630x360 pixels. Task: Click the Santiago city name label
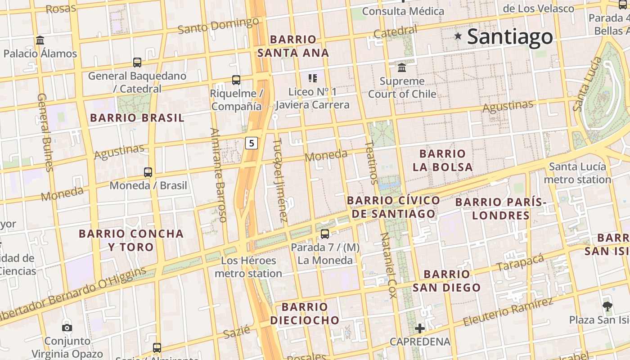click(510, 37)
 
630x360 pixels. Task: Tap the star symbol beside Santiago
click(458, 36)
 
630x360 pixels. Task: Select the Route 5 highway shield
click(252, 144)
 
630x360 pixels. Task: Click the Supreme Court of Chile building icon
click(402, 68)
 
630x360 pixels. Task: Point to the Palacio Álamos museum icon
click(40, 40)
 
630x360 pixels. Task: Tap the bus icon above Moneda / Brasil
click(148, 172)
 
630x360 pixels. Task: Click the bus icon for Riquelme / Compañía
click(236, 80)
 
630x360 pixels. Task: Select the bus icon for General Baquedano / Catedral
click(137, 63)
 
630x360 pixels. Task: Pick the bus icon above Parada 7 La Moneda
click(325, 234)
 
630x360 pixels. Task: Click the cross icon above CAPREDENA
click(420, 328)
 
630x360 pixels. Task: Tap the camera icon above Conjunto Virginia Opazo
click(67, 328)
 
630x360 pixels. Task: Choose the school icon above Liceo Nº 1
click(313, 78)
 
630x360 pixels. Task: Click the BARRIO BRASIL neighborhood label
click(137, 118)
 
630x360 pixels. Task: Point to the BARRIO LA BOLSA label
click(443, 160)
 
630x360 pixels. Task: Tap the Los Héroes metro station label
click(248, 267)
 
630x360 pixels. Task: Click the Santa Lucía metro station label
click(577, 173)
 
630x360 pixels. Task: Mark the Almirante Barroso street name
click(218, 175)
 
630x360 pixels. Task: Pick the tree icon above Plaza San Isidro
click(607, 307)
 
